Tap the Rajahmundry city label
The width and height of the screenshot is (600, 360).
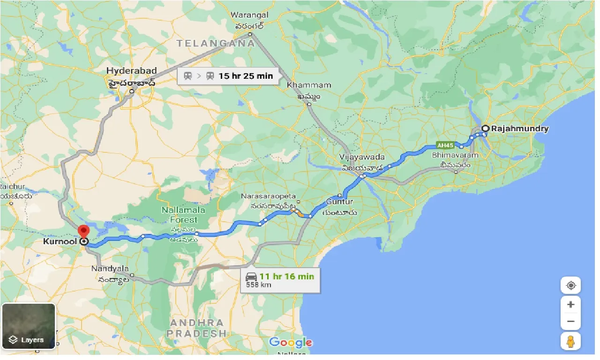click(x=519, y=128)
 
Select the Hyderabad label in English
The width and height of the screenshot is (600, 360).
click(x=131, y=71)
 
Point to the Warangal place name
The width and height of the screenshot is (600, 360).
click(x=249, y=15)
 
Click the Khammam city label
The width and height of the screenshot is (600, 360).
click(x=309, y=85)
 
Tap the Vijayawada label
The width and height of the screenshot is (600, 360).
click(x=363, y=157)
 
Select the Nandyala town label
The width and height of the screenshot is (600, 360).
click(x=110, y=269)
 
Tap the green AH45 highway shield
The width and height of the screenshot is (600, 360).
click(x=445, y=145)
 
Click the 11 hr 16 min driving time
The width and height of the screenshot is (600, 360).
click(x=287, y=276)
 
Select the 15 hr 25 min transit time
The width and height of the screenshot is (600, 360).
click(x=246, y=75)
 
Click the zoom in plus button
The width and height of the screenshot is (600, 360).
click(x=570, y=305)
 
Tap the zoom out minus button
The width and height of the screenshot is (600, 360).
click(x=570, y=322)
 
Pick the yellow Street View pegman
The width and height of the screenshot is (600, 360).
click(x=570, y=341)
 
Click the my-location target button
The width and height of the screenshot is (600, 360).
click(x=570, y=285)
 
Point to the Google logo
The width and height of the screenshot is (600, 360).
click(x=291, y=343)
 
